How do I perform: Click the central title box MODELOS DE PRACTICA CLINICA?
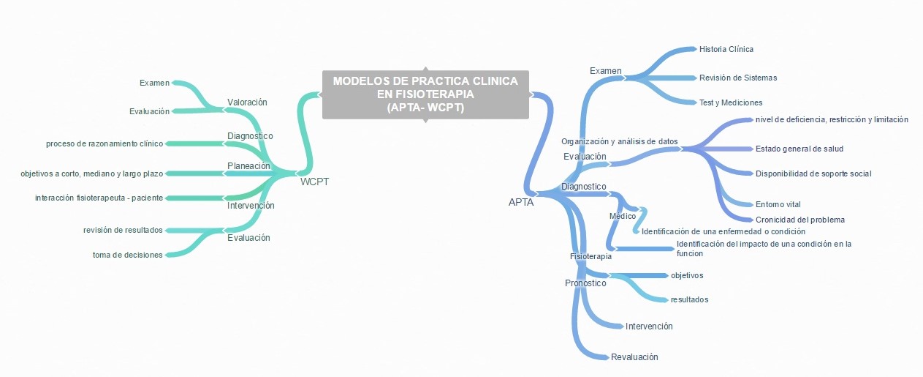(425, 94)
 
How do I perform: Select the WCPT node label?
(314, 182)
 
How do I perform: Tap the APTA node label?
(521, 203)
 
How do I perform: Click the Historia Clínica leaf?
(726, 49)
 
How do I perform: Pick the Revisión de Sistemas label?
(737, 78)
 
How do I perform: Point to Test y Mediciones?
(730, 102)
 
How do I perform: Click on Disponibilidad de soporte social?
(813, 173)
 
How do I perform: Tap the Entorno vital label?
(778, 204)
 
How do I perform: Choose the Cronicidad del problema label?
(799, 220)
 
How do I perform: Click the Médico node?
(622, 216)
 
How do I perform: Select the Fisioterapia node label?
(590, 256)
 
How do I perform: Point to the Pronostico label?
(585, 283)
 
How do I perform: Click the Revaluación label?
(634, 357)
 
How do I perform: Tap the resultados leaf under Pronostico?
(689, 299)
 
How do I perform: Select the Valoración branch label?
(247, 102)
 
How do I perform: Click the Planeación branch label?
(248, 165)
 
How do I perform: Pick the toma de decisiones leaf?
(127, 255)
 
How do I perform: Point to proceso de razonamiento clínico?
(104, 143)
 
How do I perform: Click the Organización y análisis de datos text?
(619, 141)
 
